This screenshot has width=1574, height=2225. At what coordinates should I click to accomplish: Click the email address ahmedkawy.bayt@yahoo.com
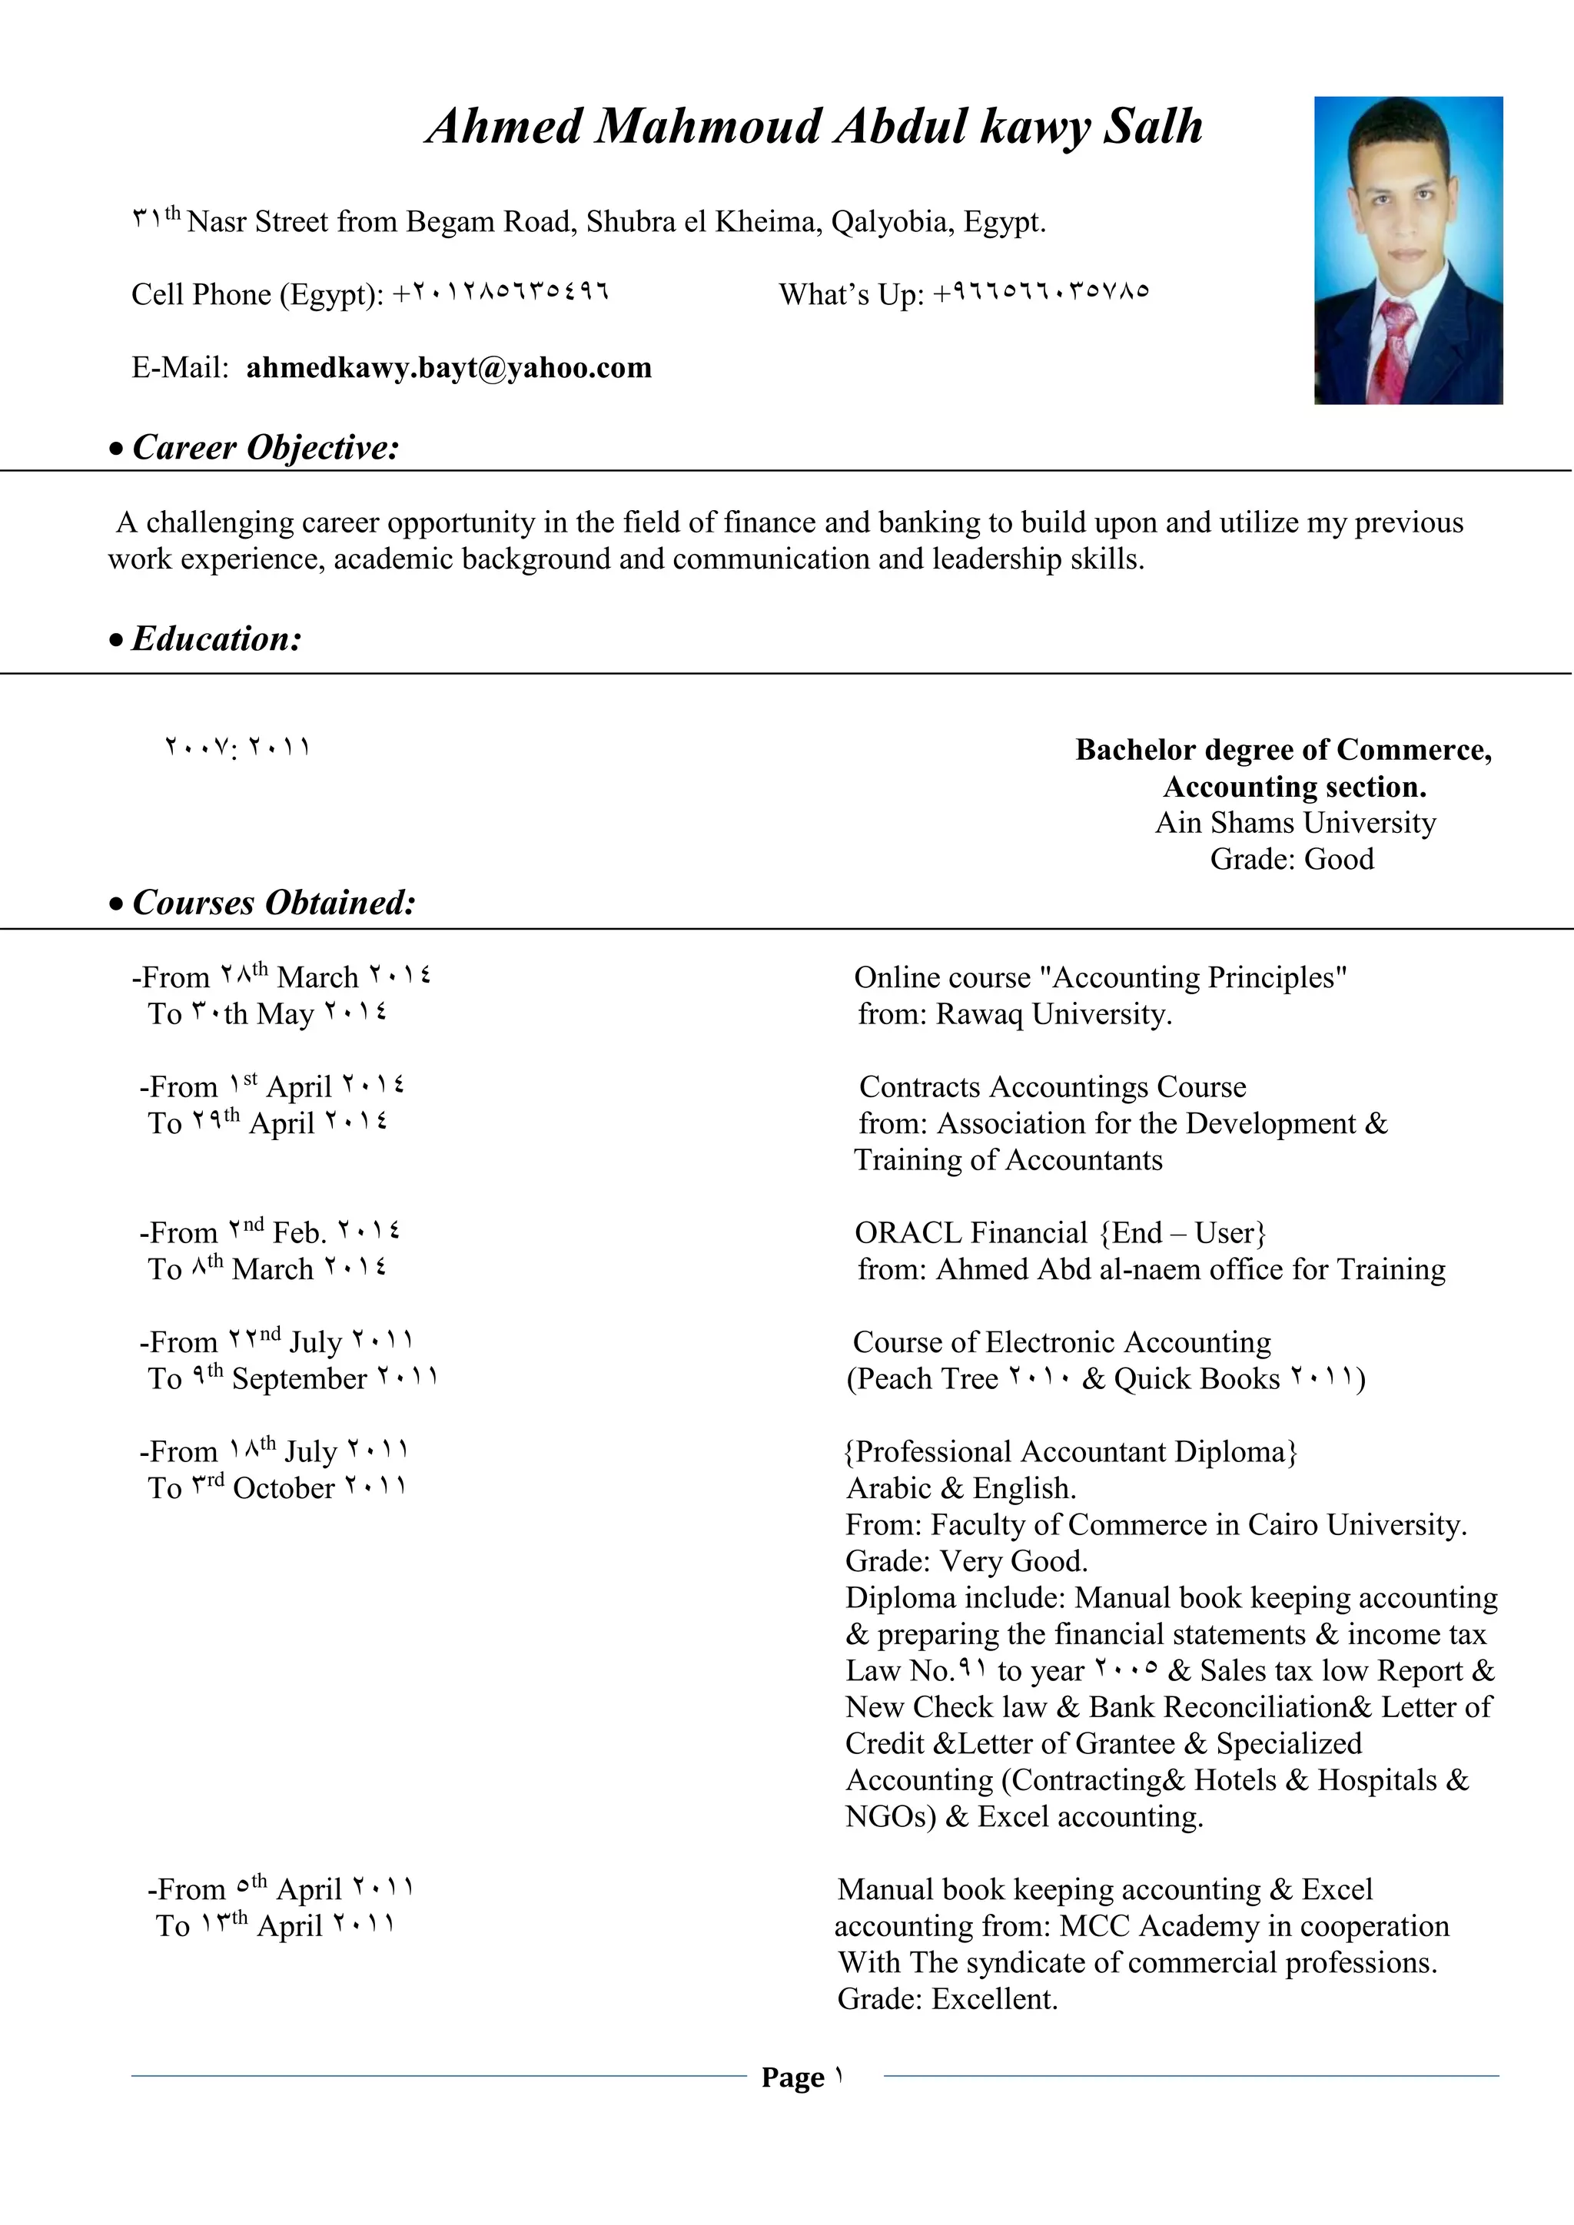(449, 368)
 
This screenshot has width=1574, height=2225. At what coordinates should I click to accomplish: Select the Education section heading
(216, 638)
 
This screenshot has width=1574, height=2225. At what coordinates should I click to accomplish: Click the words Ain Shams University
(1295, 823)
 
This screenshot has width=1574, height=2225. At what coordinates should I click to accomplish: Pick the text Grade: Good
(1291, 860)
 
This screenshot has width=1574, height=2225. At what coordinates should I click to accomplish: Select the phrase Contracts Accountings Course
(1053, 1087)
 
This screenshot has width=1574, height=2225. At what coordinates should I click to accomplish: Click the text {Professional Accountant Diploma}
(1071, 1451)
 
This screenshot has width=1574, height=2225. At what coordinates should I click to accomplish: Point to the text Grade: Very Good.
(966, 1561)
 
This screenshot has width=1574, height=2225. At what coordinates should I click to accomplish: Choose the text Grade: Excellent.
(947, 1999)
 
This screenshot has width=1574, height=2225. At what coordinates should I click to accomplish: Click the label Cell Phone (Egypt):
(257, 294)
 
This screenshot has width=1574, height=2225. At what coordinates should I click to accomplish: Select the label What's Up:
(851, 294)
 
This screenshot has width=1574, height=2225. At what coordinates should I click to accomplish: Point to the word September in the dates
(300, 1379)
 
